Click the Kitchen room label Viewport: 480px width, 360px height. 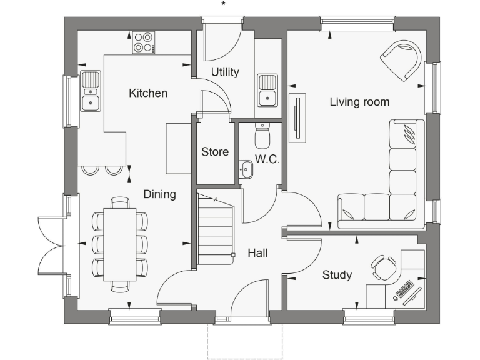(148, 93)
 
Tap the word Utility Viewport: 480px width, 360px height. (224, 72)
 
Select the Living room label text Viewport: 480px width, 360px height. (359, 102)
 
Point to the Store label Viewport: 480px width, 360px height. (214, 152)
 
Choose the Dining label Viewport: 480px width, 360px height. (159, 194)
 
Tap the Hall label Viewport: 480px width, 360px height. (257, 253)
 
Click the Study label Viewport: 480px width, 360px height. (337, 275)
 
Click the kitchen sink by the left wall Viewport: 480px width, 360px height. (91, 91)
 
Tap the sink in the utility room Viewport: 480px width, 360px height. (267, 90)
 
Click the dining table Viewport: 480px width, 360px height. (120, 244)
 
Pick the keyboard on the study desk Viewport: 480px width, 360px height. (404, 290)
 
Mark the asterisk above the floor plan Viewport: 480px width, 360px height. (223, 4)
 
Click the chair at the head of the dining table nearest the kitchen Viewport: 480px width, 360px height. (120, 202)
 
